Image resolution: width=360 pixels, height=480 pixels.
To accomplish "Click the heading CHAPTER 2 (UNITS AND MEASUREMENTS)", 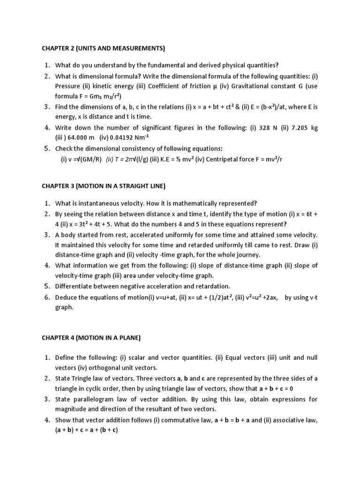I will [x=104, y=48].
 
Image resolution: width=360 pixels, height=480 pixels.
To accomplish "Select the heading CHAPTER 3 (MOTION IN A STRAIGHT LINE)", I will [x=104, y=186].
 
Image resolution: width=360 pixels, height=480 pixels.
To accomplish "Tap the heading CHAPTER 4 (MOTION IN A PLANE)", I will [x=91, y=337].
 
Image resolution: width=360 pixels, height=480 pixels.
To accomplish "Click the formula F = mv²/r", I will [x=268, y=159].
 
